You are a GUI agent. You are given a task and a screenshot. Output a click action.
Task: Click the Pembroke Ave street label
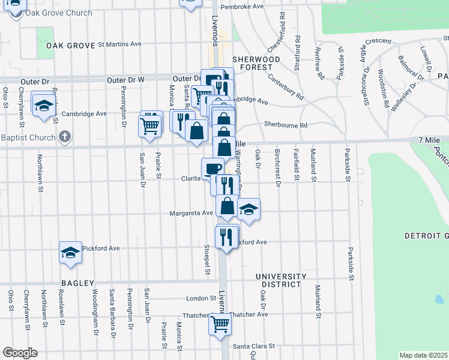click(243, 6)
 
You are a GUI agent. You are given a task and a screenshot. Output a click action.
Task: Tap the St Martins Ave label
click(119, 44)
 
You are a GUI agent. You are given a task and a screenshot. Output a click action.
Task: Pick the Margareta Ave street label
click(191, 212)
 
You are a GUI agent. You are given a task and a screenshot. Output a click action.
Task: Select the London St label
click(200, 298)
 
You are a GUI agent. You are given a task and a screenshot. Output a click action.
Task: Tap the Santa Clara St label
click(253, 346)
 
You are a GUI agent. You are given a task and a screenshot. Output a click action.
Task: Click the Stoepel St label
click(206, 259)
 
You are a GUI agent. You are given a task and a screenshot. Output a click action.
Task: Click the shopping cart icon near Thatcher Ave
click(220, 323)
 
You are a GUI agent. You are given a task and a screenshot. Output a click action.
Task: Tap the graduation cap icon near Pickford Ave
click(70, 252)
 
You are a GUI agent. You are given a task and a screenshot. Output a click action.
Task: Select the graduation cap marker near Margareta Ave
click(249, 209)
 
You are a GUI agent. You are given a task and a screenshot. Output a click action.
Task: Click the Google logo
click(20, 353)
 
